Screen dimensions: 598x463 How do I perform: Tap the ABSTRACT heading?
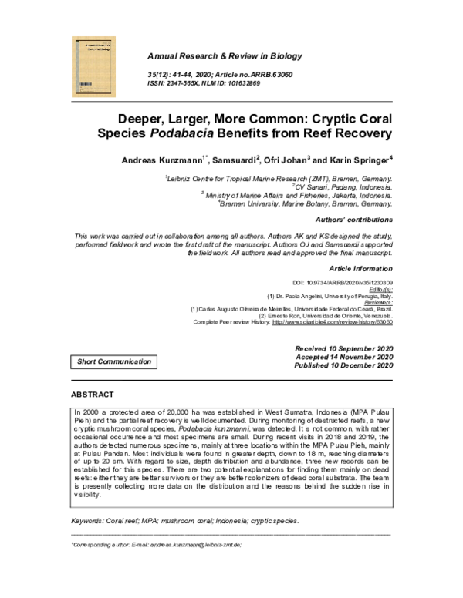[x=92, y=395]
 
